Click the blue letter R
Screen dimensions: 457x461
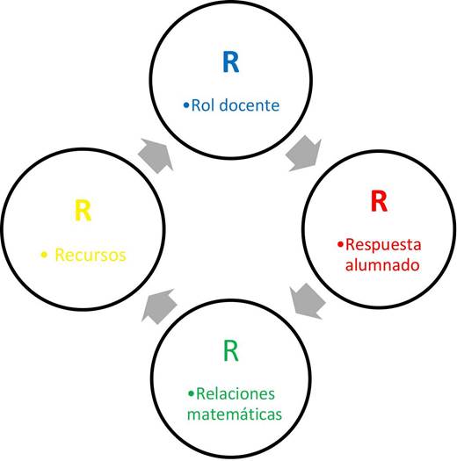[231, 62]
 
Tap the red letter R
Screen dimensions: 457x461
[379, 201]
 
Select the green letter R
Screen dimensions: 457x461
[231, 350]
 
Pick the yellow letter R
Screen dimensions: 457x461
[83, 210]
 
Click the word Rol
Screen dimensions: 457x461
[202, 105]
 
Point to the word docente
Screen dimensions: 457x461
[250, 105]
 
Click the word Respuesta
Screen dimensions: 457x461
[383, 245]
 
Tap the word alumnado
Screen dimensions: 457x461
[382, 265]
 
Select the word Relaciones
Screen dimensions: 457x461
[236, 393]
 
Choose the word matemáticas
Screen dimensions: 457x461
[235, 414]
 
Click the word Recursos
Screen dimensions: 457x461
[91, 255]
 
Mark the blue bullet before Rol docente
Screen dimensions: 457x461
[186, 105]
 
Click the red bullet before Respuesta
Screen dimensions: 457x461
[340, 244]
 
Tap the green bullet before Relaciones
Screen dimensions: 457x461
[191, 393]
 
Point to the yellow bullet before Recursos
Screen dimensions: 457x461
[44, 255]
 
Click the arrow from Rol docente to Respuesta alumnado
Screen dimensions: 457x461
[304, 153]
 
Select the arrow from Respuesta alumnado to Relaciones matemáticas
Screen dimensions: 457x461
[308, 301]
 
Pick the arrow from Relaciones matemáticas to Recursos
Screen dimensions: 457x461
[159, 306]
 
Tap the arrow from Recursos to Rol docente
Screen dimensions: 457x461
[156, 155]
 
